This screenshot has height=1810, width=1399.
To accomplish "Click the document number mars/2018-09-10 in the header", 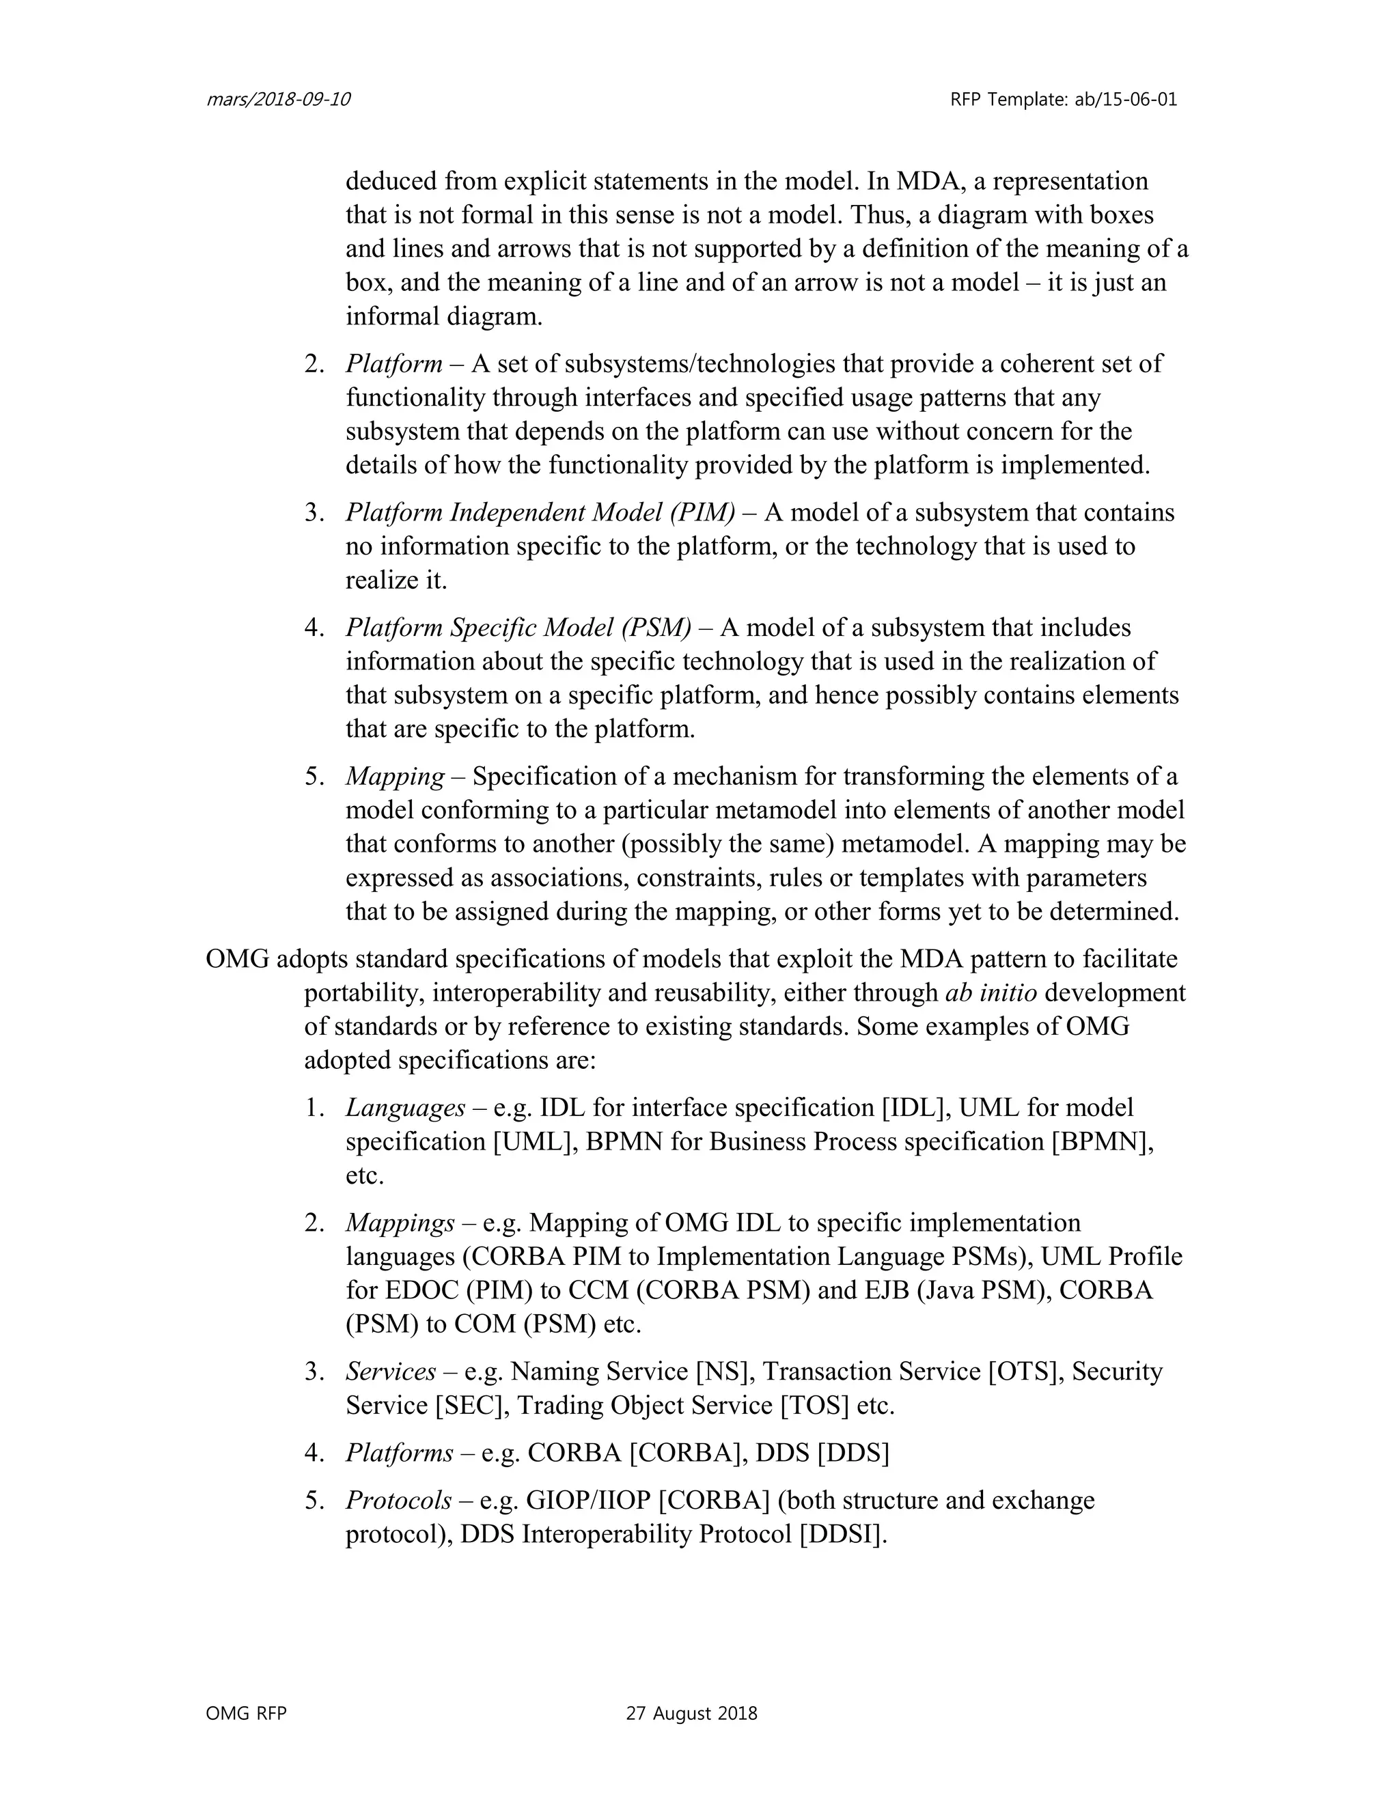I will (277, 100).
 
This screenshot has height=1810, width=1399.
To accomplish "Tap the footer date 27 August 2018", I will (691, 1713).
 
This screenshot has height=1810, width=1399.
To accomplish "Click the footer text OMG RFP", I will (246, 1713).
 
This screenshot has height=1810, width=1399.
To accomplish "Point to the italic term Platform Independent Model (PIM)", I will (540, 512).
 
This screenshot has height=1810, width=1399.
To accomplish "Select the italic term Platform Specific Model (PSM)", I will (518, 628).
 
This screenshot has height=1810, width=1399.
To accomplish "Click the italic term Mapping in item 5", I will (396, 777).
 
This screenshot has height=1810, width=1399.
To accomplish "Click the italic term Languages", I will (405, 1108).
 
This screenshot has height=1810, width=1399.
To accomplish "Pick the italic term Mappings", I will (400, 1223).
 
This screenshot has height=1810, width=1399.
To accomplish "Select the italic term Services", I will (390, 1372).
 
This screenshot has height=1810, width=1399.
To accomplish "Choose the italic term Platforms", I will (400, 1453).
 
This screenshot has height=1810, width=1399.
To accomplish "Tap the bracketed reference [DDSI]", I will (842, 1534).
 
